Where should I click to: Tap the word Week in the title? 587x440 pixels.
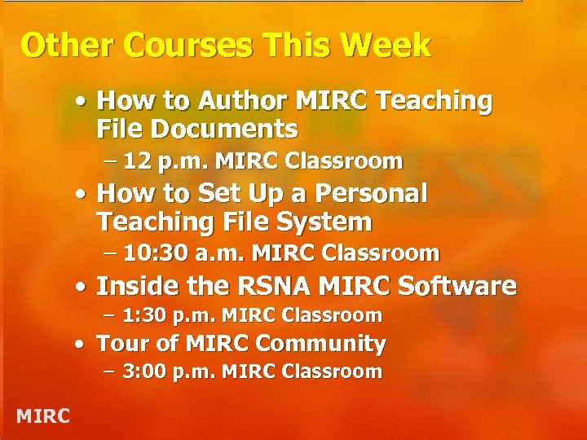click(391, 46)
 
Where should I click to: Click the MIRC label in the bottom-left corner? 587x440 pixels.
click(43, 416)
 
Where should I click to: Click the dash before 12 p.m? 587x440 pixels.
click(111, 161)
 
